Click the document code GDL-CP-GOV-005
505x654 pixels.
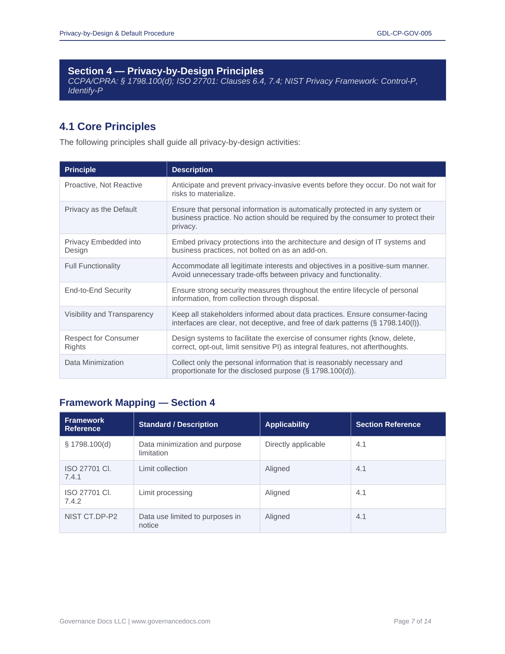tap(404, 33)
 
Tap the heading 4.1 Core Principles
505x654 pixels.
tap(107, 126)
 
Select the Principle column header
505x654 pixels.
tap(80, 170)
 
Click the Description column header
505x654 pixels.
tap(192, 170)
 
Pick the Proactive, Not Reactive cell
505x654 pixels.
tap(103, 185)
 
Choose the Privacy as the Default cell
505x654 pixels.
tap(101, 209)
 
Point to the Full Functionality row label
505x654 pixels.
tap(92, 266)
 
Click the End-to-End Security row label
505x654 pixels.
tap(98, 290)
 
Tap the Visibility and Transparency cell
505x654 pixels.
tap(109, 314)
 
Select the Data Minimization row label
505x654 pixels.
tap(94, 363)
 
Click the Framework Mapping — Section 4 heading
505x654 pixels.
tap(137, 403)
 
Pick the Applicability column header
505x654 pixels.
tap(287, 424)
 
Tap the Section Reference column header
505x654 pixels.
tap(388, 424)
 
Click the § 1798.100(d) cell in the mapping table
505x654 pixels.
tap(87, 444)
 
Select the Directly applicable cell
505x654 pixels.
tap(295, 444)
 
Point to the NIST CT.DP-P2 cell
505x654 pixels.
tap(91, 517)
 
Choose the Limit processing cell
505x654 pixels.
tap(165, 493)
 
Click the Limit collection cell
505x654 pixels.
tap(163, 469)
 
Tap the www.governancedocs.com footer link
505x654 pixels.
tap(171, 621)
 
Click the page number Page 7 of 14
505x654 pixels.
tap(412, 621)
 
